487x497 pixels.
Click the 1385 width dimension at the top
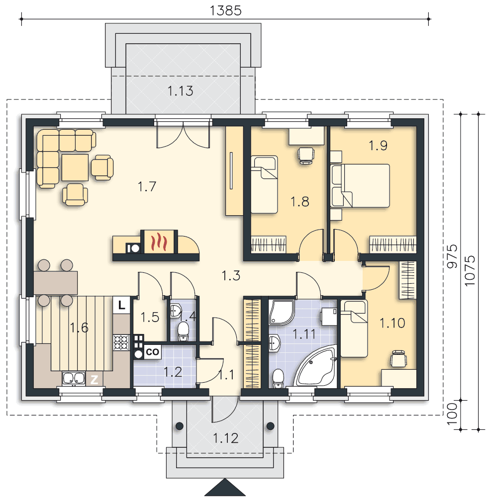click(225, 10)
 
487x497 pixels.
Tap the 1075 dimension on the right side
click(470, 270)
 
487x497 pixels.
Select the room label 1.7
click(147, 186)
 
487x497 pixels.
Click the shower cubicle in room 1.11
click(282, 312)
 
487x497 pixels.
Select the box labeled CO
click(152, 352)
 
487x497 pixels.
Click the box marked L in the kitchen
click(121, 305)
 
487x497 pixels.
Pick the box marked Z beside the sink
click(94, 379)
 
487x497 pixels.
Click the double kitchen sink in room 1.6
click(74, 378)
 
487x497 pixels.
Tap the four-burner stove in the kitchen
click(121, 342)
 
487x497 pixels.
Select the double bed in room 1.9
click(360, 186)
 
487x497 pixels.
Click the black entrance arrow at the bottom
click(225, 488)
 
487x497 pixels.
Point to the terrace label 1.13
click(180, 91)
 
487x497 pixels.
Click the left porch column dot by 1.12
click(179, 426)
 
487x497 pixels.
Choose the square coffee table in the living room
click(75, 167)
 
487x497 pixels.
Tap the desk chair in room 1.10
click(398, 359)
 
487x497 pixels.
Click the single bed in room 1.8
click(264, 184)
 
